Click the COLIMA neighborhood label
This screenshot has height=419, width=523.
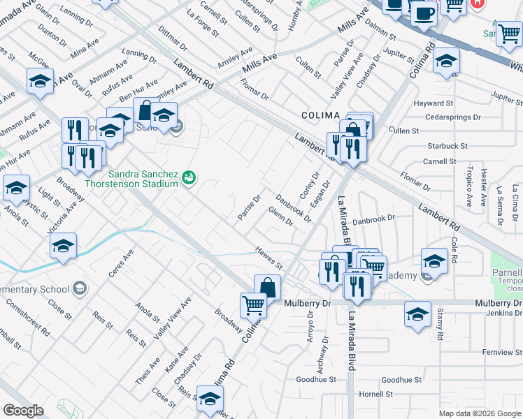click(x=320, y=115)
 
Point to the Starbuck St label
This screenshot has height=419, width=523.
click(x=447, y=146)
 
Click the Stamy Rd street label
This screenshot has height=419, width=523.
click(x=440, y=328)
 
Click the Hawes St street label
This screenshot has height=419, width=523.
click(x=268, y=258)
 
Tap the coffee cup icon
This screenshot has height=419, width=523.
click(x=424, y=13)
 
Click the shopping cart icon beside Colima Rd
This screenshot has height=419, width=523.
click(x=253, y=304)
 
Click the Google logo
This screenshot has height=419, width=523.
click(x=24, y=411)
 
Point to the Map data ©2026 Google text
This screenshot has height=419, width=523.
click(x=479, y=413)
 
